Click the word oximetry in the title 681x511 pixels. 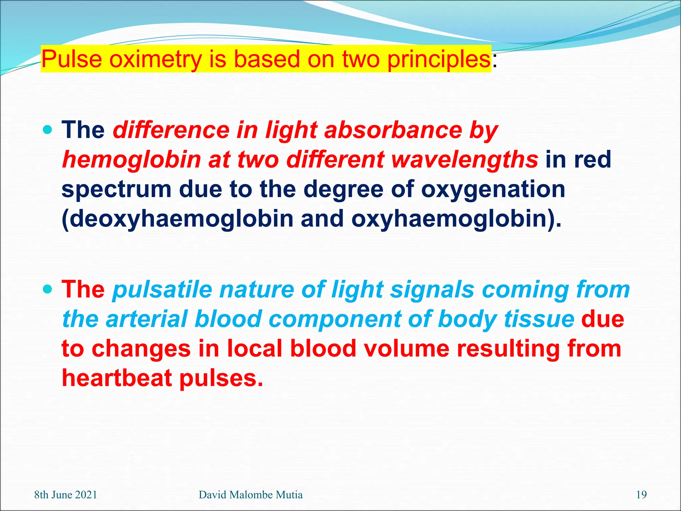point(155,59)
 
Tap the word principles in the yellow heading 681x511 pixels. point(439,59)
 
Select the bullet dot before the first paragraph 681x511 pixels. point(48,129)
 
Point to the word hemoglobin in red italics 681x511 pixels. point(131,160)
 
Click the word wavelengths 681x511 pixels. point(464,160)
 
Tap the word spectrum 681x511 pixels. point(116,189)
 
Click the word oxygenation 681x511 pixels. point(493,189)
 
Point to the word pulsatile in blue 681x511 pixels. point(162,289)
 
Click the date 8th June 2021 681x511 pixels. point(66,495)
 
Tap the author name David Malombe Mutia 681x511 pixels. point(250,495)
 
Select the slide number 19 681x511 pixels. point(641,495)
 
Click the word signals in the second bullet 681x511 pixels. point(432,289)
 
